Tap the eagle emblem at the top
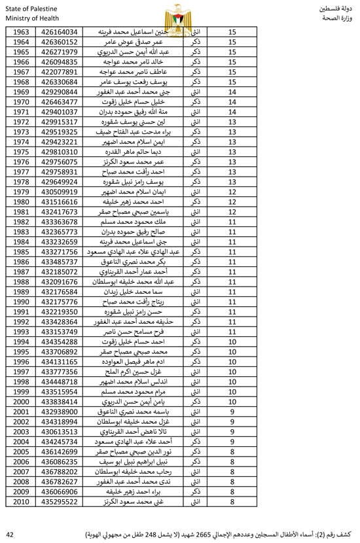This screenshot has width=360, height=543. [x=179, y=13]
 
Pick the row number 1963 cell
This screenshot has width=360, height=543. [x=20, y=31]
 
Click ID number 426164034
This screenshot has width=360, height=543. [x=59, y=31]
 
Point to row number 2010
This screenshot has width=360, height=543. [x=20, y=501]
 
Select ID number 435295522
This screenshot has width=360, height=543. [x=59, y=501]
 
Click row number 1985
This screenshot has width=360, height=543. [x=20, y=251]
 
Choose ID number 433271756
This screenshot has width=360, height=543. [x=59, y=251]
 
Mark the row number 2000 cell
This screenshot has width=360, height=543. [x=20, y=401]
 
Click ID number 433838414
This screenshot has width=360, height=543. [x=59, y=401]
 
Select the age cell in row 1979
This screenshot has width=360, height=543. [x=233, y=192]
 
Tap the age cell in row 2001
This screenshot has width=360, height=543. [x=233, y=412]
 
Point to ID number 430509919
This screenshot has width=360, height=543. [x=59, y=192]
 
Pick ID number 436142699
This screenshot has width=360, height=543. [x=59, y=451]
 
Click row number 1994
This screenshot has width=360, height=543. [x=20, y=342]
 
